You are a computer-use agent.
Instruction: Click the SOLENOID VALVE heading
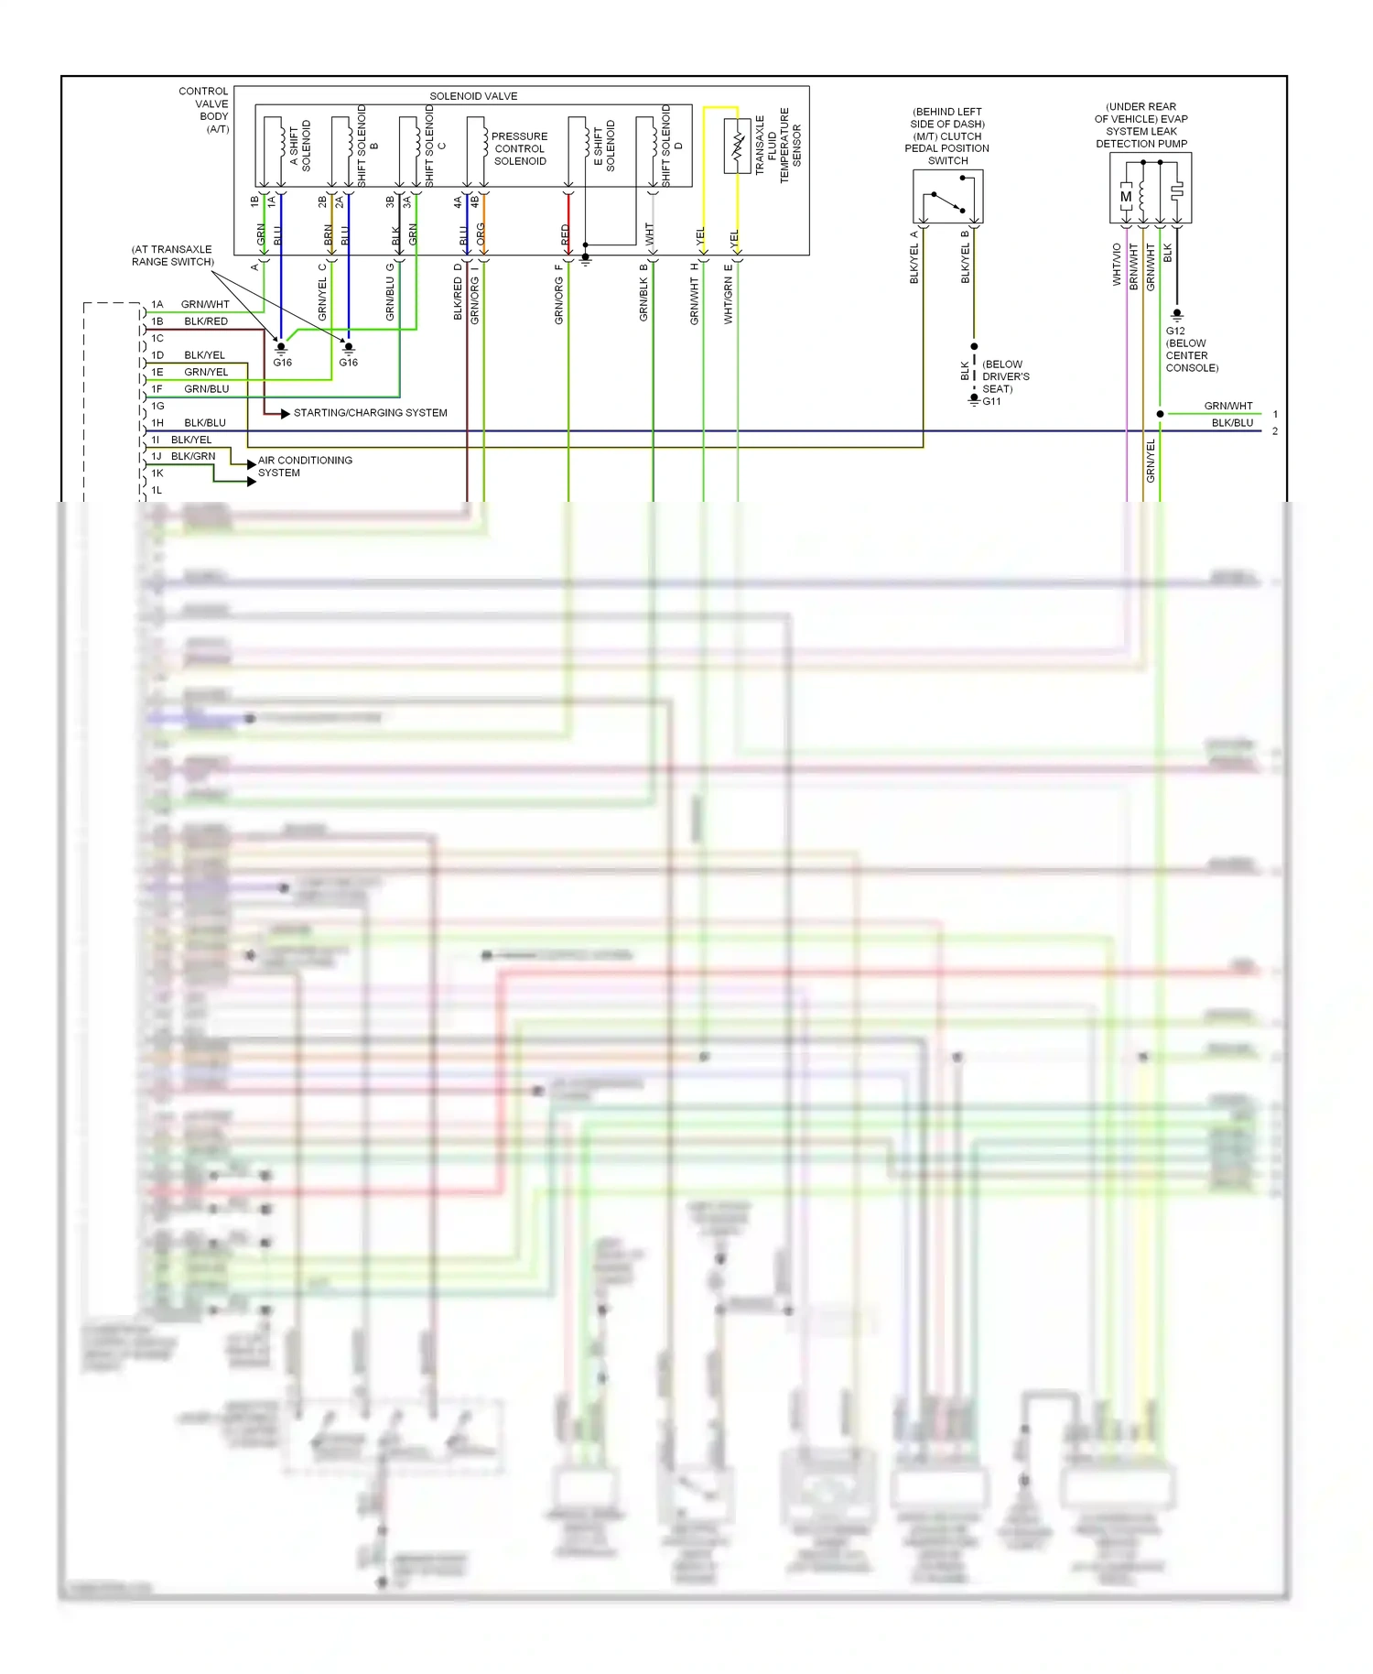point(473,96)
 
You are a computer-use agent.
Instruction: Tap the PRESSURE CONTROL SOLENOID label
point(520,148)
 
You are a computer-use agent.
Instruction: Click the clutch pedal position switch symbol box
point(947,196)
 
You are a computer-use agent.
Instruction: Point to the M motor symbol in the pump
point(1126,196)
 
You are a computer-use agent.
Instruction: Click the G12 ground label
point(1175,332)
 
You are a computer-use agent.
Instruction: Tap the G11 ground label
point(992,401)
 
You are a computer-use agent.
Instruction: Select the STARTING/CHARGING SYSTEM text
point(371,413)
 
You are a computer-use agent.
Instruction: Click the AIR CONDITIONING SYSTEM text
point(305,466)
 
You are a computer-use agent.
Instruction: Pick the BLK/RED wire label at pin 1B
point(206,321)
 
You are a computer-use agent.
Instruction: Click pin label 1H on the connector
point(157,423)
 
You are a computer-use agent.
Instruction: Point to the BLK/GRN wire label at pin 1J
point(193,456)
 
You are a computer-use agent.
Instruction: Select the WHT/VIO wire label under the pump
point(1117,265)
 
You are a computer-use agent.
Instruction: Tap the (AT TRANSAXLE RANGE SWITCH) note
point(173,255)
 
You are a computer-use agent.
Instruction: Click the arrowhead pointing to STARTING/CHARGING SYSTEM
point(286,414)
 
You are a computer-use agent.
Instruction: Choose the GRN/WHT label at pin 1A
point(205,304)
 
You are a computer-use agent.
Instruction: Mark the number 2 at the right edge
point(1275,431)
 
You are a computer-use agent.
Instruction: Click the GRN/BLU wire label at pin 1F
point(207,389)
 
